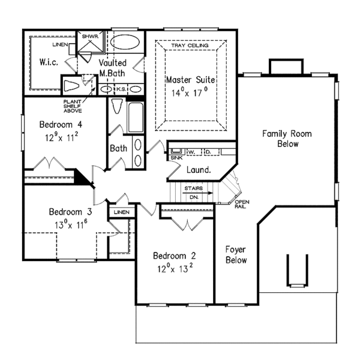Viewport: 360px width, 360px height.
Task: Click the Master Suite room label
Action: [x=191, y=80]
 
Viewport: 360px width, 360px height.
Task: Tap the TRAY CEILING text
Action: [x=190, y=46]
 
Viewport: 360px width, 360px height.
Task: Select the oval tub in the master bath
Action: [x=125, y=42]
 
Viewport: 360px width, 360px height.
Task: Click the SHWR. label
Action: [x=90, y=36]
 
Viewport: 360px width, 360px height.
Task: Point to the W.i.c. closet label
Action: [x=49, y=62]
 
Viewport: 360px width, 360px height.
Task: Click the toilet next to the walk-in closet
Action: [x=71, y=86]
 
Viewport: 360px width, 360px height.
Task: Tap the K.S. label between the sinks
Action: [x=121, y=89]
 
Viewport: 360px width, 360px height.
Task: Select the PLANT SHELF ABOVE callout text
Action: [x=73, y=106]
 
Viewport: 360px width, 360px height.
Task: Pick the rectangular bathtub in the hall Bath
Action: [x=136, y=118]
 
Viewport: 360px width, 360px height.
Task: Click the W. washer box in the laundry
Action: [x=194, y=152]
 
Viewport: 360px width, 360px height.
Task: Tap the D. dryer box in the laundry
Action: [x=211, y=152]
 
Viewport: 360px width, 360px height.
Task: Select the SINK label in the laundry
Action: [x=176, y=158]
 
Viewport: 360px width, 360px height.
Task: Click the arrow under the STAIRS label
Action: [x=197, y=193]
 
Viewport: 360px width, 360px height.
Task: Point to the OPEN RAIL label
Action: [x=242, y=204]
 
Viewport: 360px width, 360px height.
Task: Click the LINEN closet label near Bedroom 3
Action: [x=122, y=212]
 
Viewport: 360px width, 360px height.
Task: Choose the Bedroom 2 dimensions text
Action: [x=175, y=268]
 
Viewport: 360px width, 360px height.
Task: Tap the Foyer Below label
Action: [x=236, y=255]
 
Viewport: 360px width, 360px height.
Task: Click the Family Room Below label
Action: [x=287, y=139]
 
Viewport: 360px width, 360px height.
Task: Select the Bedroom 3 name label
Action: [x=70, y=212]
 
